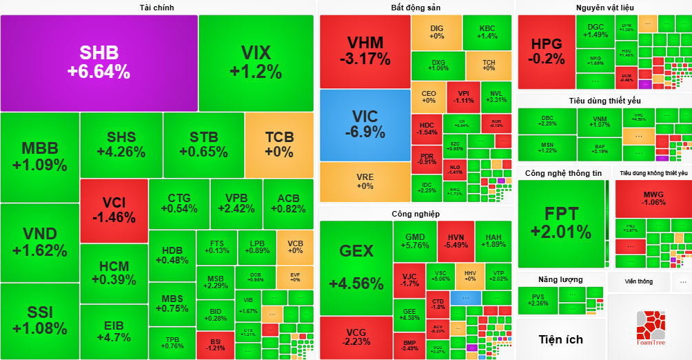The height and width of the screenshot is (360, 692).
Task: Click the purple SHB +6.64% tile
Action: (x=99, y=62)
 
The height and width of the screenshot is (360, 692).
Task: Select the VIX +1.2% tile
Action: (x=256, y=62)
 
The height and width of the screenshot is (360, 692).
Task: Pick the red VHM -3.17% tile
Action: (x=365, y=50)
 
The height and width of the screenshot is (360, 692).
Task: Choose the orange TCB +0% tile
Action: (x=279, y=144)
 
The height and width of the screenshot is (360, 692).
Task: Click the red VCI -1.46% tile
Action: (x=114, y=210)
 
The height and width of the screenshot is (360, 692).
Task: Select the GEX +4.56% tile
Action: (x=356, y=268)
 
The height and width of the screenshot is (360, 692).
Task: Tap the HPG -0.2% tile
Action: (x=546, y=51)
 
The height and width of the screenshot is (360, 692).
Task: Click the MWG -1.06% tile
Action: (x=653, y=198)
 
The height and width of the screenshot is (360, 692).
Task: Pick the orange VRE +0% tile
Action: (x=365, y=181)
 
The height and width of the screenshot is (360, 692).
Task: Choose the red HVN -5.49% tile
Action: (x=456, y=241)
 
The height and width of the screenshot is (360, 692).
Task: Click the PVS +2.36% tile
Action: (x=538, y=299)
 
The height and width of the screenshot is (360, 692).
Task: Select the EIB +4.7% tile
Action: (x=114, y=331)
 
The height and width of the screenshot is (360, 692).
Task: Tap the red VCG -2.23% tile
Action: (x=355, y=337)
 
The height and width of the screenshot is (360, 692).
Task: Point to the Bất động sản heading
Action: (x=416, y=8)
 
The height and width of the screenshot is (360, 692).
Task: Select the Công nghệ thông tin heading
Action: (x=563, y=172)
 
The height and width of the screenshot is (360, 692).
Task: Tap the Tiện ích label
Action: (x=560, y=339)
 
